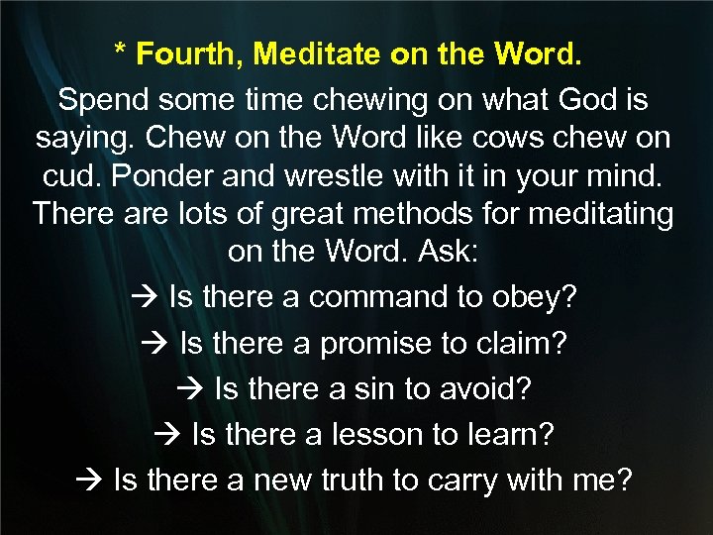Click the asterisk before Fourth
pyautogui.click(x=120, y=52)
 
